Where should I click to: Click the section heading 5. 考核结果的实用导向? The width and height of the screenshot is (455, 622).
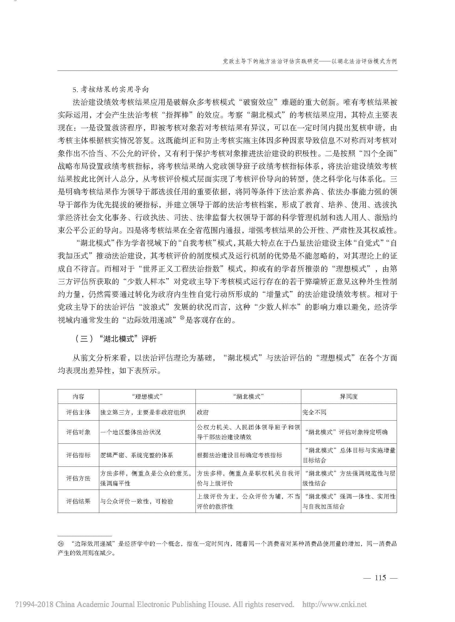(110, 90)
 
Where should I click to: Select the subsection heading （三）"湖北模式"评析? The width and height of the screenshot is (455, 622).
(116, 339)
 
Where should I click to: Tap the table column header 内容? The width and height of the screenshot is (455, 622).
(78, 396)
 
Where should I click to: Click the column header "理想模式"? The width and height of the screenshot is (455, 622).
(147, 396)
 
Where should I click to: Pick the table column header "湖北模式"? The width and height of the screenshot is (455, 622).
(248, 396)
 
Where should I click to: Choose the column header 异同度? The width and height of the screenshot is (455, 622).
(348, 396)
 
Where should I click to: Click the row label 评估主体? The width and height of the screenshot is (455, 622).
(78, 412)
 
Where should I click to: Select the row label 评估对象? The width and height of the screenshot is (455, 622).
(78, 432)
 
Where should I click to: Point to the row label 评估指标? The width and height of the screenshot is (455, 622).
(78, 455)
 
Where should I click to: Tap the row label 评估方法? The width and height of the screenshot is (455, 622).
(78, 478)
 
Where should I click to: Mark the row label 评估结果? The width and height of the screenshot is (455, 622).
(78, 501)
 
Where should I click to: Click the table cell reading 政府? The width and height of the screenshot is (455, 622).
(203, 412)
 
